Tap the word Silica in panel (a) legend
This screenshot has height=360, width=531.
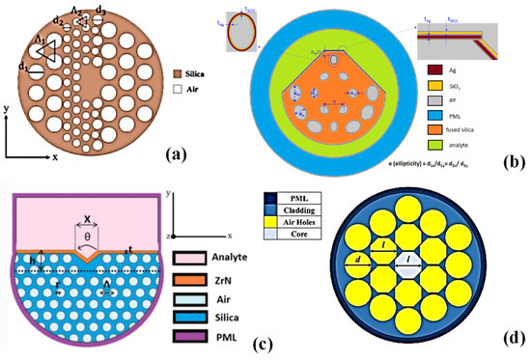211,72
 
